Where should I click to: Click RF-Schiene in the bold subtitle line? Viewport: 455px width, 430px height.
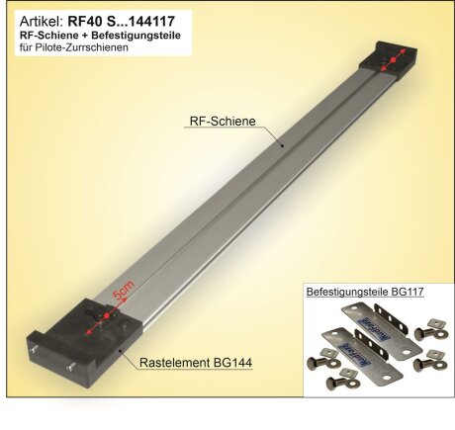click(x=46, y=34)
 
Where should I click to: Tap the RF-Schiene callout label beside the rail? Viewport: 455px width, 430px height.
click(x=222, y=122)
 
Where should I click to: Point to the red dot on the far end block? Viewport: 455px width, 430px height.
click(x=392, y=62)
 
